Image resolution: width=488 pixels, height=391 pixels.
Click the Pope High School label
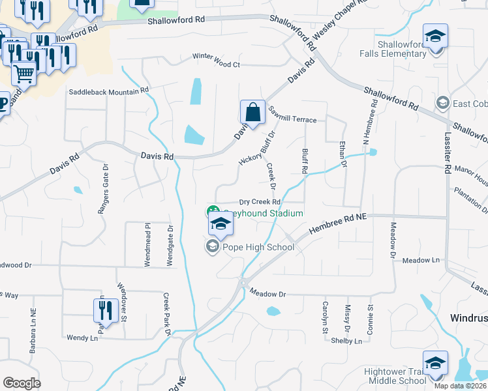[x=258, y=247]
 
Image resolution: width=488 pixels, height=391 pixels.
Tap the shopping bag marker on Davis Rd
[x=252, y=112]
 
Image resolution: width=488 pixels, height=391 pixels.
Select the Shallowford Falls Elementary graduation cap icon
[x=435, y=36]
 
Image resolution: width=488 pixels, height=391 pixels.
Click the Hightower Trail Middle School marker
[x=435, y=364]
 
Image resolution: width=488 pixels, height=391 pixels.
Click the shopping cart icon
[x=23, y=73]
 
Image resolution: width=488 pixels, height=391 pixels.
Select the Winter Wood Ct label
[x=217, y=65]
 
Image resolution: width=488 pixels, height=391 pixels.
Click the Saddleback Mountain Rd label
[x=110, y=91]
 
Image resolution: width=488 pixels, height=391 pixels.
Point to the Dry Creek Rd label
[x=259, y=203]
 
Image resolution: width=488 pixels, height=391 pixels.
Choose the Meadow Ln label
[x=421, y=260]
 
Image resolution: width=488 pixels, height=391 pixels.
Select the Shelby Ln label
[x=346, y=341]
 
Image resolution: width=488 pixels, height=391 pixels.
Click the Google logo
[x=22, y=383]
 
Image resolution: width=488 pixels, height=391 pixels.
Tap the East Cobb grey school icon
[x=443, y=104]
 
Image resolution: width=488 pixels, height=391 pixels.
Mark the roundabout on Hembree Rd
[x=243, y=283]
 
